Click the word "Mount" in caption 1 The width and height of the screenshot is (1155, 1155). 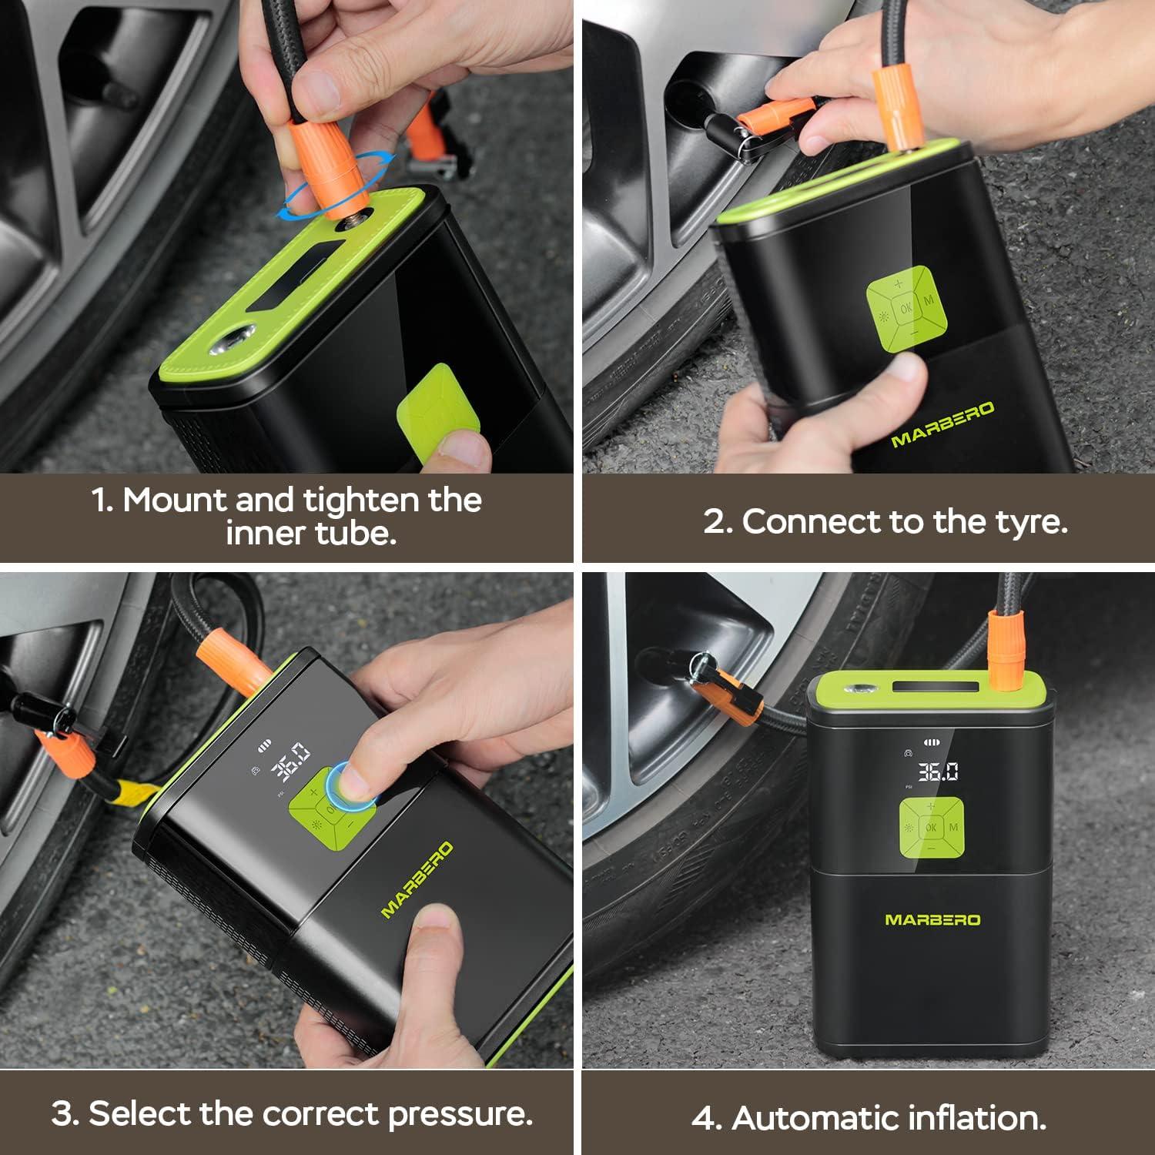click(x=174, y=500)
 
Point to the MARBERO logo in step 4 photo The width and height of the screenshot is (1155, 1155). click(x=932, y=919)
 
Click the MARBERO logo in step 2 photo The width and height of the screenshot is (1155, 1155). click(x=942, y=424)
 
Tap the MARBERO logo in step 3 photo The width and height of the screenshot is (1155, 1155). click(x=417, y=879)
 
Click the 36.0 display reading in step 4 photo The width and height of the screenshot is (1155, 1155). click(x=937, y=772)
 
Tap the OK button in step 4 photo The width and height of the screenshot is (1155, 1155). click(x=931, y=828)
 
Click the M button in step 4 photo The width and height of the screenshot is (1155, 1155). click(x=954, y=828)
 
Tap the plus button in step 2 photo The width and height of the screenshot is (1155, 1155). click(x=898, y=284)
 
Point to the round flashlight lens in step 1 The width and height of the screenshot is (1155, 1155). click(x=235, y=340)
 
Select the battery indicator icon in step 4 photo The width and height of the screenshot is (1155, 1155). click(x=932, y=743)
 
